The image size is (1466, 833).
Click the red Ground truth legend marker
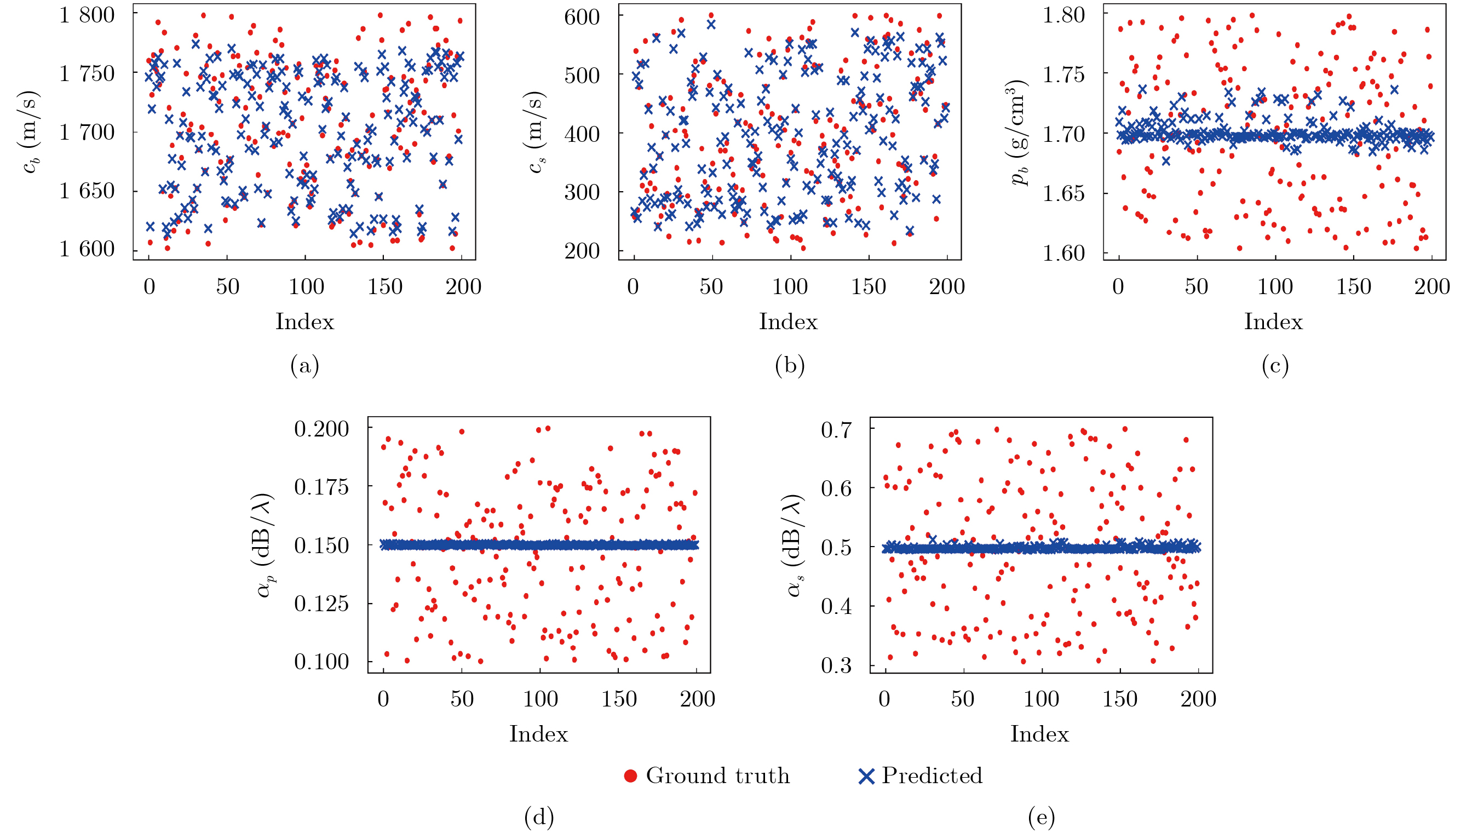point(630,777)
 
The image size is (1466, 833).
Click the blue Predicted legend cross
point(866,777)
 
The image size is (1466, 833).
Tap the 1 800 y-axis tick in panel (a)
point(87,15)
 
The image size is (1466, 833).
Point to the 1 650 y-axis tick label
point(87,191)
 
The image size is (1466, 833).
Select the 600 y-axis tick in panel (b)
point(582,16)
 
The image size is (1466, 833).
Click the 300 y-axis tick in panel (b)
point(582,192)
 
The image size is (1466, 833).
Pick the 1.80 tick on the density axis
point(1063,15)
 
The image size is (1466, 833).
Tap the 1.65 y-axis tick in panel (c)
point(1063,193)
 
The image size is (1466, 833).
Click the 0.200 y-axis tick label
point(321,428)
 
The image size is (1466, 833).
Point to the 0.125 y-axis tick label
point(321,603)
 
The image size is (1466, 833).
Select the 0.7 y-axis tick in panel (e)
point(836,429)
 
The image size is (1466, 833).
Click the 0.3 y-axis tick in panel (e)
point(836,665)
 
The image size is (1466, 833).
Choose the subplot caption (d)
point(539,818)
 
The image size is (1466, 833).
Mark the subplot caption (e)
point(1041,818)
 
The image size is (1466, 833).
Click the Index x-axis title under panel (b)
point(788,322)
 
